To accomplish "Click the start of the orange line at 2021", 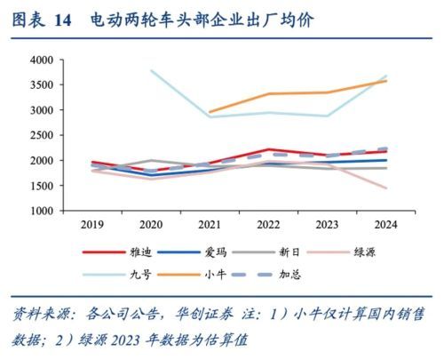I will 210,112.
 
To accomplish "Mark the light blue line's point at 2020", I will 152,71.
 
